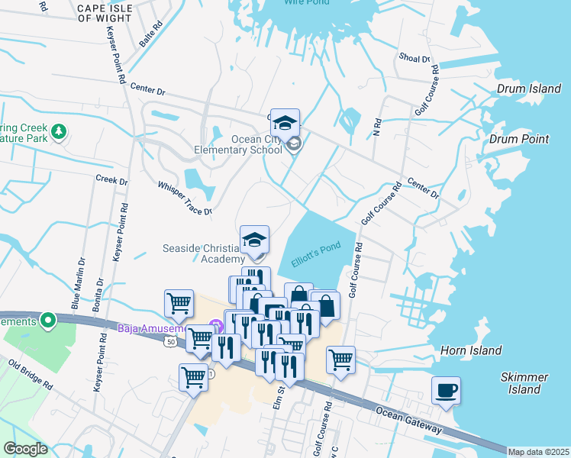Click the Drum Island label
528,89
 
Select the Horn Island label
471,350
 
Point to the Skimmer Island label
524,383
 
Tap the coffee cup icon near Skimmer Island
447,391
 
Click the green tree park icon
59,133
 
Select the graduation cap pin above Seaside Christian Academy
254,240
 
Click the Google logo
25,448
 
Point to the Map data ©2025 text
538,452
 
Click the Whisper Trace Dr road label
183,198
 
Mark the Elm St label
280,396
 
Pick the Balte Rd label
150,35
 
